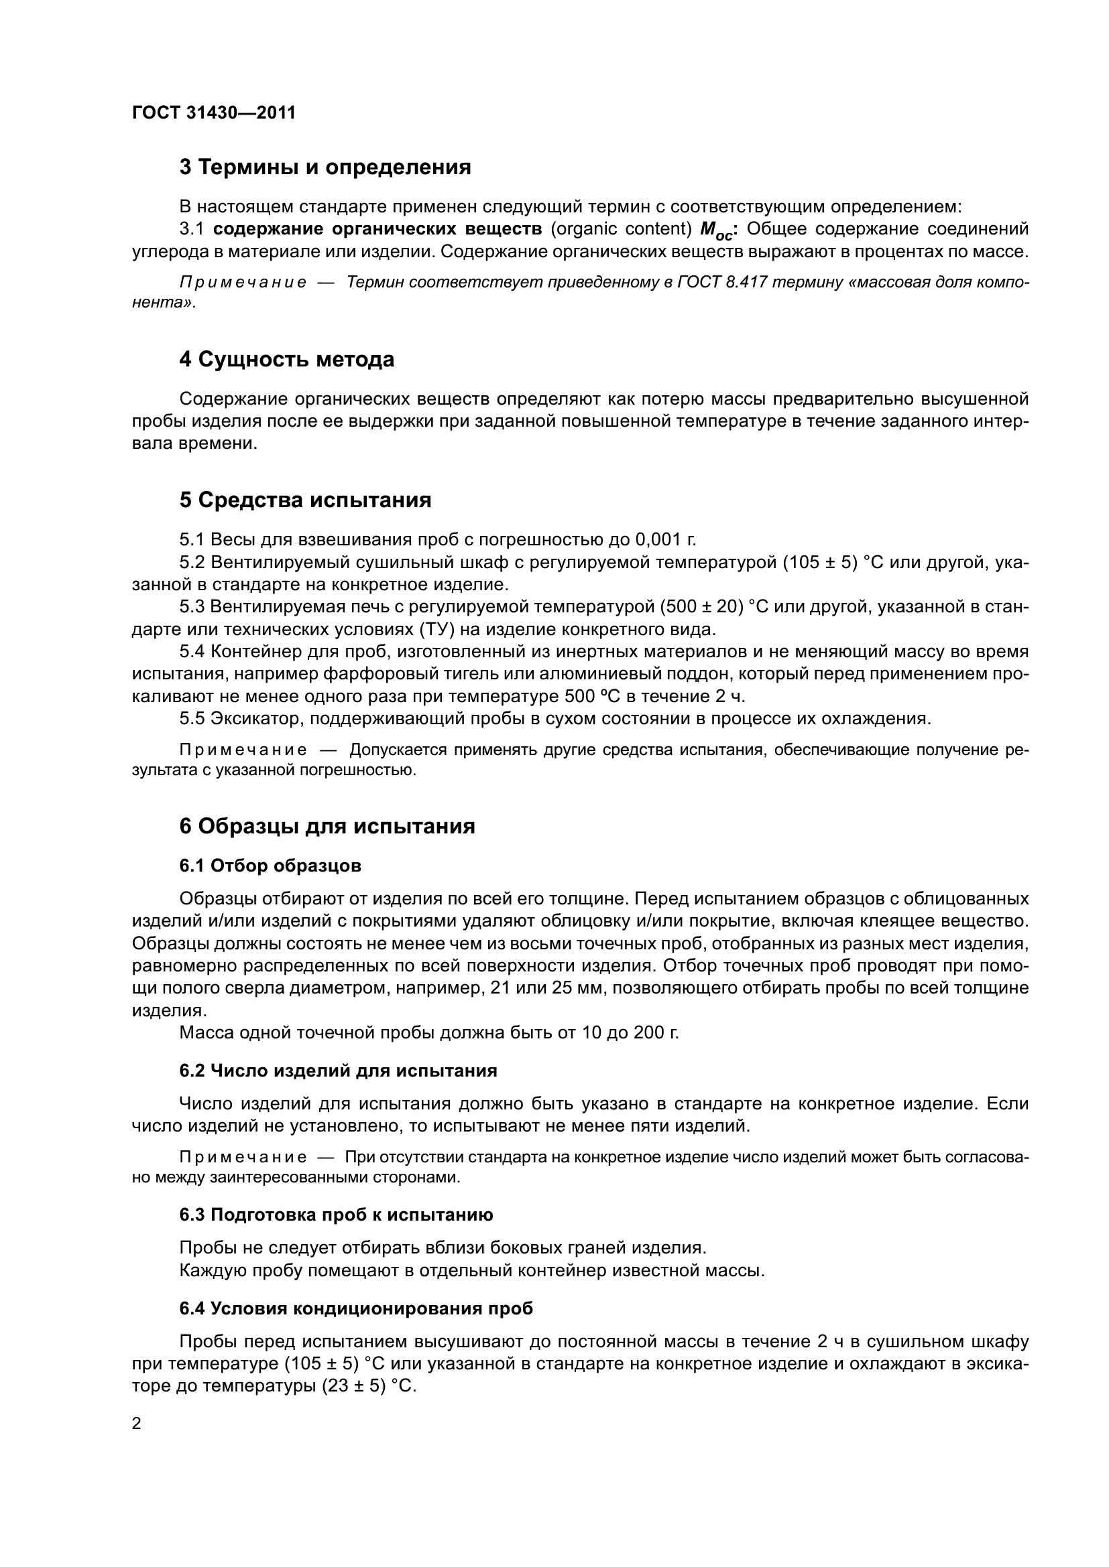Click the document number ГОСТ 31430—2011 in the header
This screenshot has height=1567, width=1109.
coord(214,113)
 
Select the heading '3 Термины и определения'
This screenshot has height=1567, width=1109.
coord(325,167)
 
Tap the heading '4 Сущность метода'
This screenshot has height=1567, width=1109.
coord(287,359)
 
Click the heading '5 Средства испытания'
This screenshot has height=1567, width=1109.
coord(305,500)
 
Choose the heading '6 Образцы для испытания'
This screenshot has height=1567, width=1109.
coord(327,826)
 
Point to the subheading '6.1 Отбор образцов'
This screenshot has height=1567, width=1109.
coord(270,866)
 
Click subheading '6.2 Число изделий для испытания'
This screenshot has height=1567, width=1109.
coord(338,1070)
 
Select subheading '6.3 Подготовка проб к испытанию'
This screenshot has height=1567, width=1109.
coord(336,1214)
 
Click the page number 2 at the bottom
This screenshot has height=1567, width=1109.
coord(137,1423)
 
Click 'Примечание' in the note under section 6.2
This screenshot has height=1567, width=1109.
coord(243,1157)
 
